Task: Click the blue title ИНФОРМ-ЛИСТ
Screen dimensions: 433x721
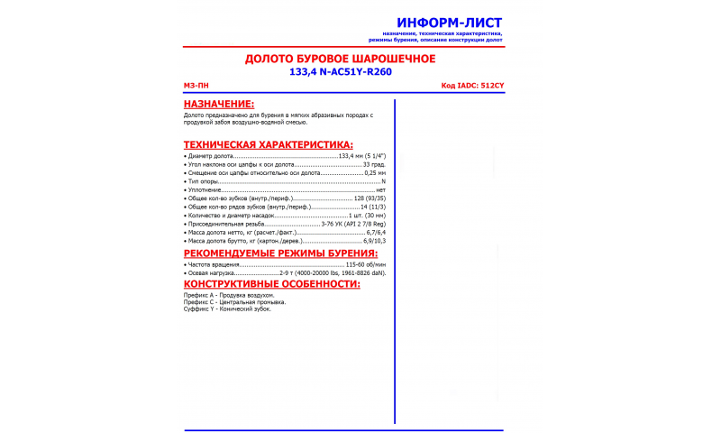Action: [x=450, y=23]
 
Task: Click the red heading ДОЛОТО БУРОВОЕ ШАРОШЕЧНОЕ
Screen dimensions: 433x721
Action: [x=341, y=59]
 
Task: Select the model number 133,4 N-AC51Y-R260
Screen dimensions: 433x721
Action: [x=341, y=71]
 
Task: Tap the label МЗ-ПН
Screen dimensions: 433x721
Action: [x=196, y=86]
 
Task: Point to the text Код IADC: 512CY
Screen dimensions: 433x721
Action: [x=473, y=86]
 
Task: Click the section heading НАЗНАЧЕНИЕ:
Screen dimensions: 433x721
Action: [x=219, y=105]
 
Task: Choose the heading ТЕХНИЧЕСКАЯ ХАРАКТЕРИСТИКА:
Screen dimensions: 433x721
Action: [x=269, y=144]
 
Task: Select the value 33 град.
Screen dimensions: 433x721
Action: [x=374, y=165]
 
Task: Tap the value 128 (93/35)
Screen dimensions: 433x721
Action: [x=370, y=198]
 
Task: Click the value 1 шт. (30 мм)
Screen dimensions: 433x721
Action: [x=367, y=216]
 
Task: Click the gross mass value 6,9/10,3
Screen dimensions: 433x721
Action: [x=374, y=241]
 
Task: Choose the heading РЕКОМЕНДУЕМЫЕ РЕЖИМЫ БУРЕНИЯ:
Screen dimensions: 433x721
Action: [x=280, y=253]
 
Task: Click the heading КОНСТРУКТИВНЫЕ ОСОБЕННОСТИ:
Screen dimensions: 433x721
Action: [x=272, y=284]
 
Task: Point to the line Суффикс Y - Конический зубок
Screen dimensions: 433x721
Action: [x=227, y=309]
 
